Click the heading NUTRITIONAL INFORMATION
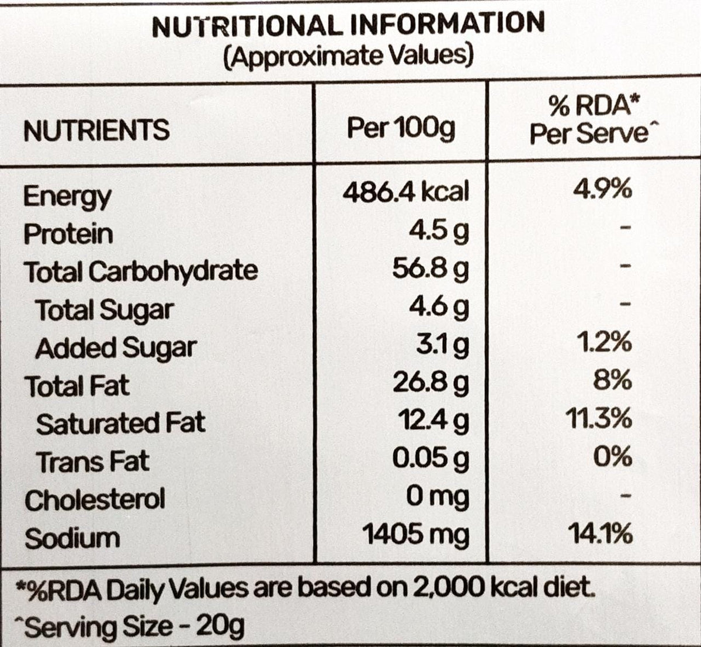click(x=348, y=25)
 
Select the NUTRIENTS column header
click(x=96, y=130)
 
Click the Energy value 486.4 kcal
click(x=406, y=191)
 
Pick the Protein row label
click(x=68, y=234)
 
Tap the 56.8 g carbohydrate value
click(x=431, y=269)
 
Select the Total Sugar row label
click(x=105, y=309)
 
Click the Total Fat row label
click(x=77, y=386)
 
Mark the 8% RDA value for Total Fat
click(x=612, y=381)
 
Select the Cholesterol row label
click(x=95, y=500)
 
